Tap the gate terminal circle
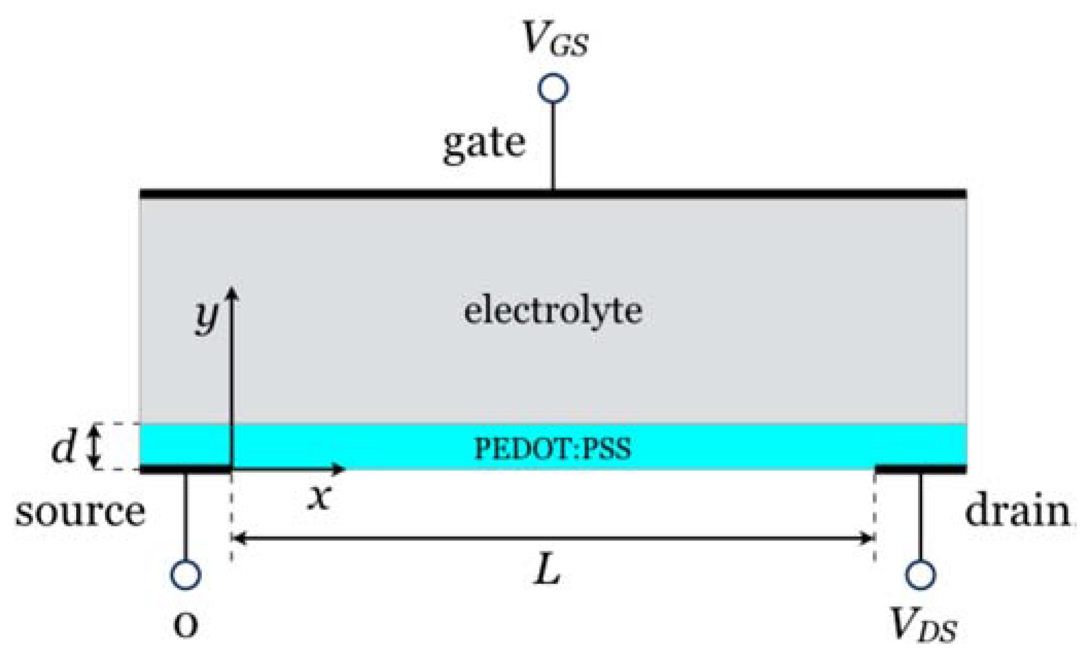click(553, 88)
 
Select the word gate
click(484, 144)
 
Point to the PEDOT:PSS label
click(552, 449)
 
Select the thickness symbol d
click(63, 447)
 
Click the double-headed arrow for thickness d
click(94, 447)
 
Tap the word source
click(80, 512)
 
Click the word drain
click(1017, 512)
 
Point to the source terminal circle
click(185, 574)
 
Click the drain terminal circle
click(920, 574)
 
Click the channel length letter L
click(547, 571)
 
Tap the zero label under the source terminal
click(185, 624)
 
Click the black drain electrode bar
click(921, 469)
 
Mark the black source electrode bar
click(185, 469)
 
